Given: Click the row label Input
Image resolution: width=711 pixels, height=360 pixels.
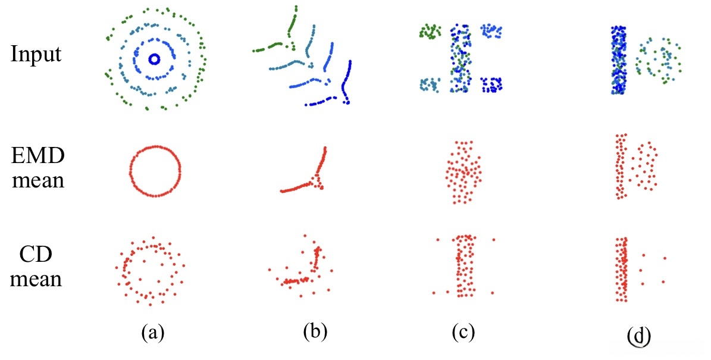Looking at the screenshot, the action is (x=36, y=55).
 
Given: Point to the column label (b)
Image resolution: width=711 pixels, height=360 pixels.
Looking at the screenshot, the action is (x=315, y=331).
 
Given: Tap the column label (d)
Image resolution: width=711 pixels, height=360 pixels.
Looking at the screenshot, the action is (x=638, y=335).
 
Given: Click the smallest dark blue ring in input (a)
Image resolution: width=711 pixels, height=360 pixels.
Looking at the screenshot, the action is (x=154, y=59).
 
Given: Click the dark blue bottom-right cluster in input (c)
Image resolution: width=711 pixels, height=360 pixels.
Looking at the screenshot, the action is (x=492, y=84).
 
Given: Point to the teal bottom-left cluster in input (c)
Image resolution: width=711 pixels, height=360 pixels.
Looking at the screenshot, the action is (x=430, y=84).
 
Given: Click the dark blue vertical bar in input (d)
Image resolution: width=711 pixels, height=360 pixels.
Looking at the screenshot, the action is (x=619, y=60).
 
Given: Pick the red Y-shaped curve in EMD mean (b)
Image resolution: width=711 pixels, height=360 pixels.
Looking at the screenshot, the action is (x=315, y=179).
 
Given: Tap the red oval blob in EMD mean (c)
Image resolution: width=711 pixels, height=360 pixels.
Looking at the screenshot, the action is (x=463, y=173).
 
